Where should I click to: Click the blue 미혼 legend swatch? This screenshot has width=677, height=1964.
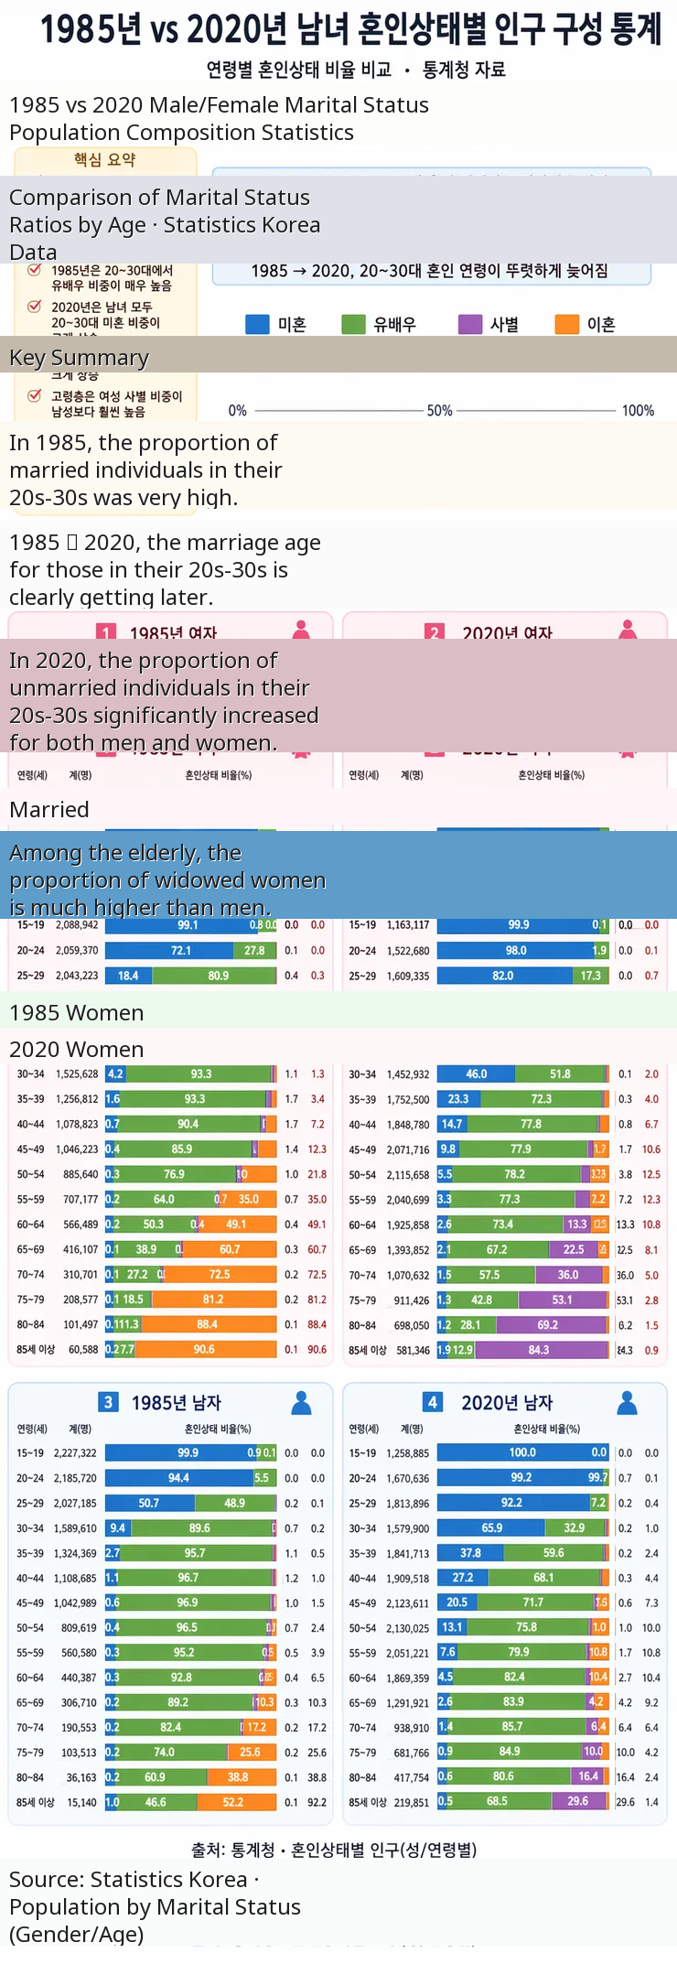tap(258, 325)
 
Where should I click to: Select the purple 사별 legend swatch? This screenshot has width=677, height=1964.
tap(470, 325)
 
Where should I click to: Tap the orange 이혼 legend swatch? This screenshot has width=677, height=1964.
tap(567, 325)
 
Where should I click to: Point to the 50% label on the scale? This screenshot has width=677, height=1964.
tap(440, 411)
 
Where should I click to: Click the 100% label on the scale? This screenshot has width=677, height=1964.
tap(638, 411)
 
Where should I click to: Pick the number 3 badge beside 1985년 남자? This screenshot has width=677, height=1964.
tap(108, 1402)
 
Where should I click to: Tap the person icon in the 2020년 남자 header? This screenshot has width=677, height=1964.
tap(627, 1402)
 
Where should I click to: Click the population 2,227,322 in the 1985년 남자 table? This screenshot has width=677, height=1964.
tap(76, 1453)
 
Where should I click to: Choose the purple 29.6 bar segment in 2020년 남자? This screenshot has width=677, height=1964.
tap(578, 1801)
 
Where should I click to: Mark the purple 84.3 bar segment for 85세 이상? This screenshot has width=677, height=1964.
tap(540, 1350)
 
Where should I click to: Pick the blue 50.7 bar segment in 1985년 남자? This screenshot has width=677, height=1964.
tap(149, 1503)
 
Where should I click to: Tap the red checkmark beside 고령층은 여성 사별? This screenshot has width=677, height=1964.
tap(35, 395)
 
